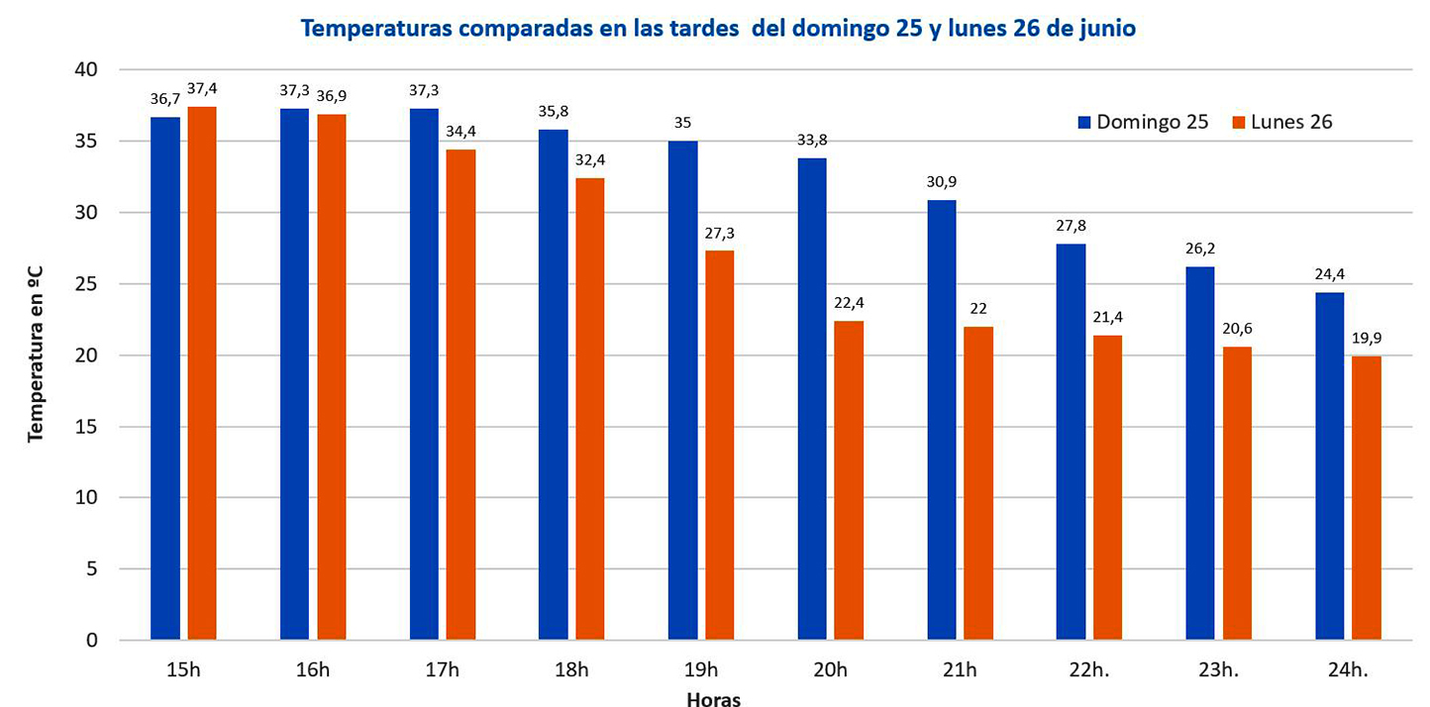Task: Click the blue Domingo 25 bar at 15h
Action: pyautogui.click(x=165, y=378)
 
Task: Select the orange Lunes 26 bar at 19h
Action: pyautogui.click(x=720, y=445)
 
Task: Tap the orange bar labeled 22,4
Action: pyautogui.click(x=849, y=480)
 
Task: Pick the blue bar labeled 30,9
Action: pyautogui.click(x=942, y=420)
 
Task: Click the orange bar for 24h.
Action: pyautogui.click(x=1367, y=498)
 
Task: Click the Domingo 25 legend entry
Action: pyautogui.click(x=1143, y=122)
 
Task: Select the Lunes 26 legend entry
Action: pyautogui.click(x=1281, y=122)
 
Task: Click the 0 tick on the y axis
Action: pyautogui.click(x=92, y=641)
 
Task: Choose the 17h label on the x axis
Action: pyautogui.click(x=442, y=670)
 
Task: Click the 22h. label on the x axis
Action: pyautogui.click(x=1089, y=670)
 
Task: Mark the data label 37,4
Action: pyautogui.click(x=202, y=88)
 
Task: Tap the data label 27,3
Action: pyautogui.click(x=720, y=233)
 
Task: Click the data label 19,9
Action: pyautogui.click(x=1367, y=338)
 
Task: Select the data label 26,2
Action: pyautogui.click(x=1199, y=250)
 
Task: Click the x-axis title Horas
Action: pyautogui.click(x=714, y=698)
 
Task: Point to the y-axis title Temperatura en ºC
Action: pyautogui.click(x=37, y=354)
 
